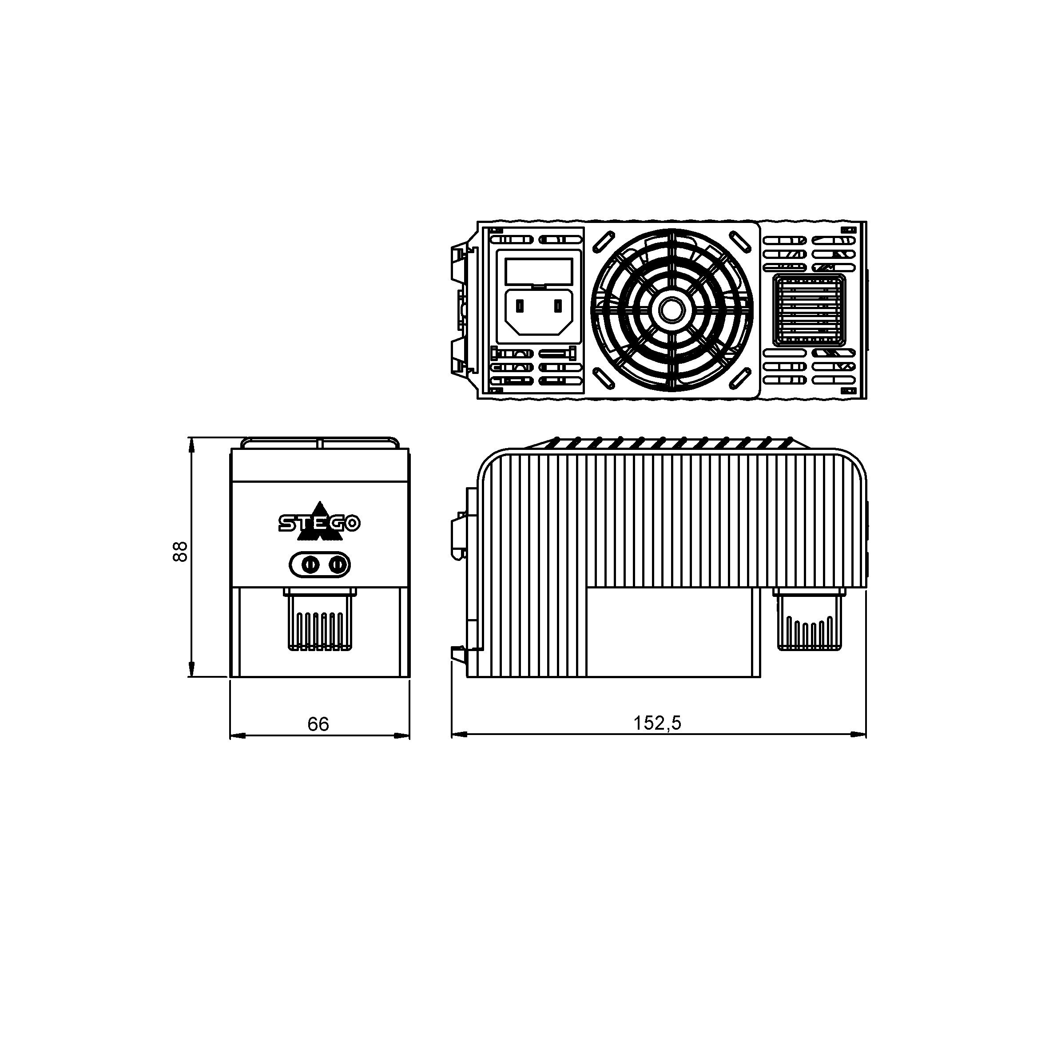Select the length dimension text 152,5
657,723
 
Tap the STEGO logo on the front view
319,524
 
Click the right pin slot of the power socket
557,307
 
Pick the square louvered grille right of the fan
810,310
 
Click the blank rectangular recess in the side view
673,632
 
